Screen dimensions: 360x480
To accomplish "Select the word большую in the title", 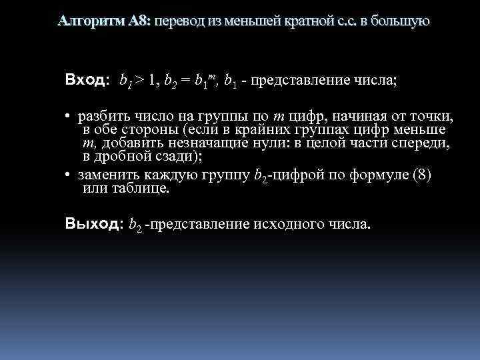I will [x=399, y=21].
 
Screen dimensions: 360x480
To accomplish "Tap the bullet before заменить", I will [x=68, y=177].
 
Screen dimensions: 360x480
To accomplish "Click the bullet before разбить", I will [x=68, y=118].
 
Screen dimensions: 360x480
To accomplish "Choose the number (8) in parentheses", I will [x=423, y=176].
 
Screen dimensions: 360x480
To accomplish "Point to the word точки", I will [x=433, y=117].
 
